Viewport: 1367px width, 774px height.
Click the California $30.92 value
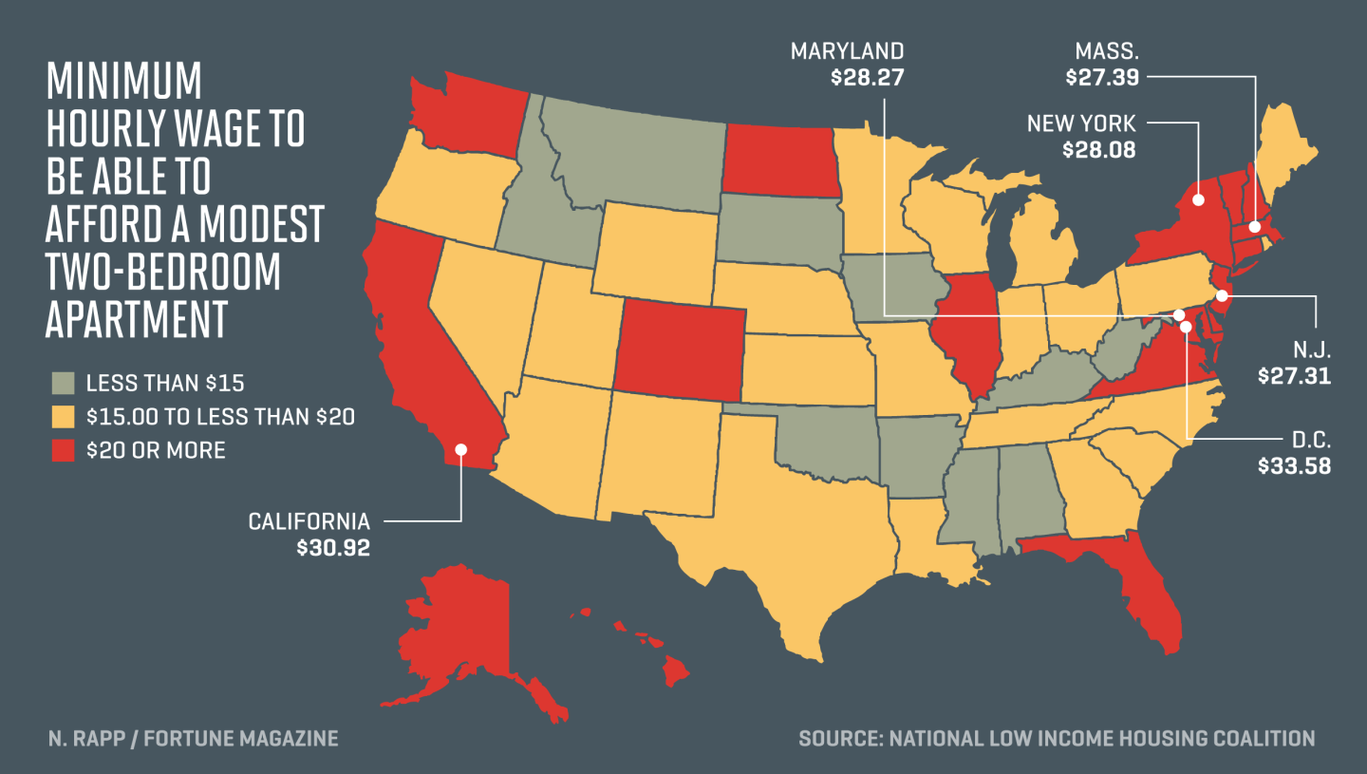tap(332, 548)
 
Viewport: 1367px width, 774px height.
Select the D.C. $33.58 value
tap(1294, 466)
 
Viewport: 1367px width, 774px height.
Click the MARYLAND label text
tap(847, 50)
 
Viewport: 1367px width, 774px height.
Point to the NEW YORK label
tap(1081, 123)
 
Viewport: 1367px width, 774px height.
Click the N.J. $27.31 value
tap(1294, 376)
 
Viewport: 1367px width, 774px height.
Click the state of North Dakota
tap(780, 162)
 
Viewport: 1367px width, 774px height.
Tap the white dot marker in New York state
tap(1198, 200)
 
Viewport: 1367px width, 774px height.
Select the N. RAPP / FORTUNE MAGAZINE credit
tap(193, 738)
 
